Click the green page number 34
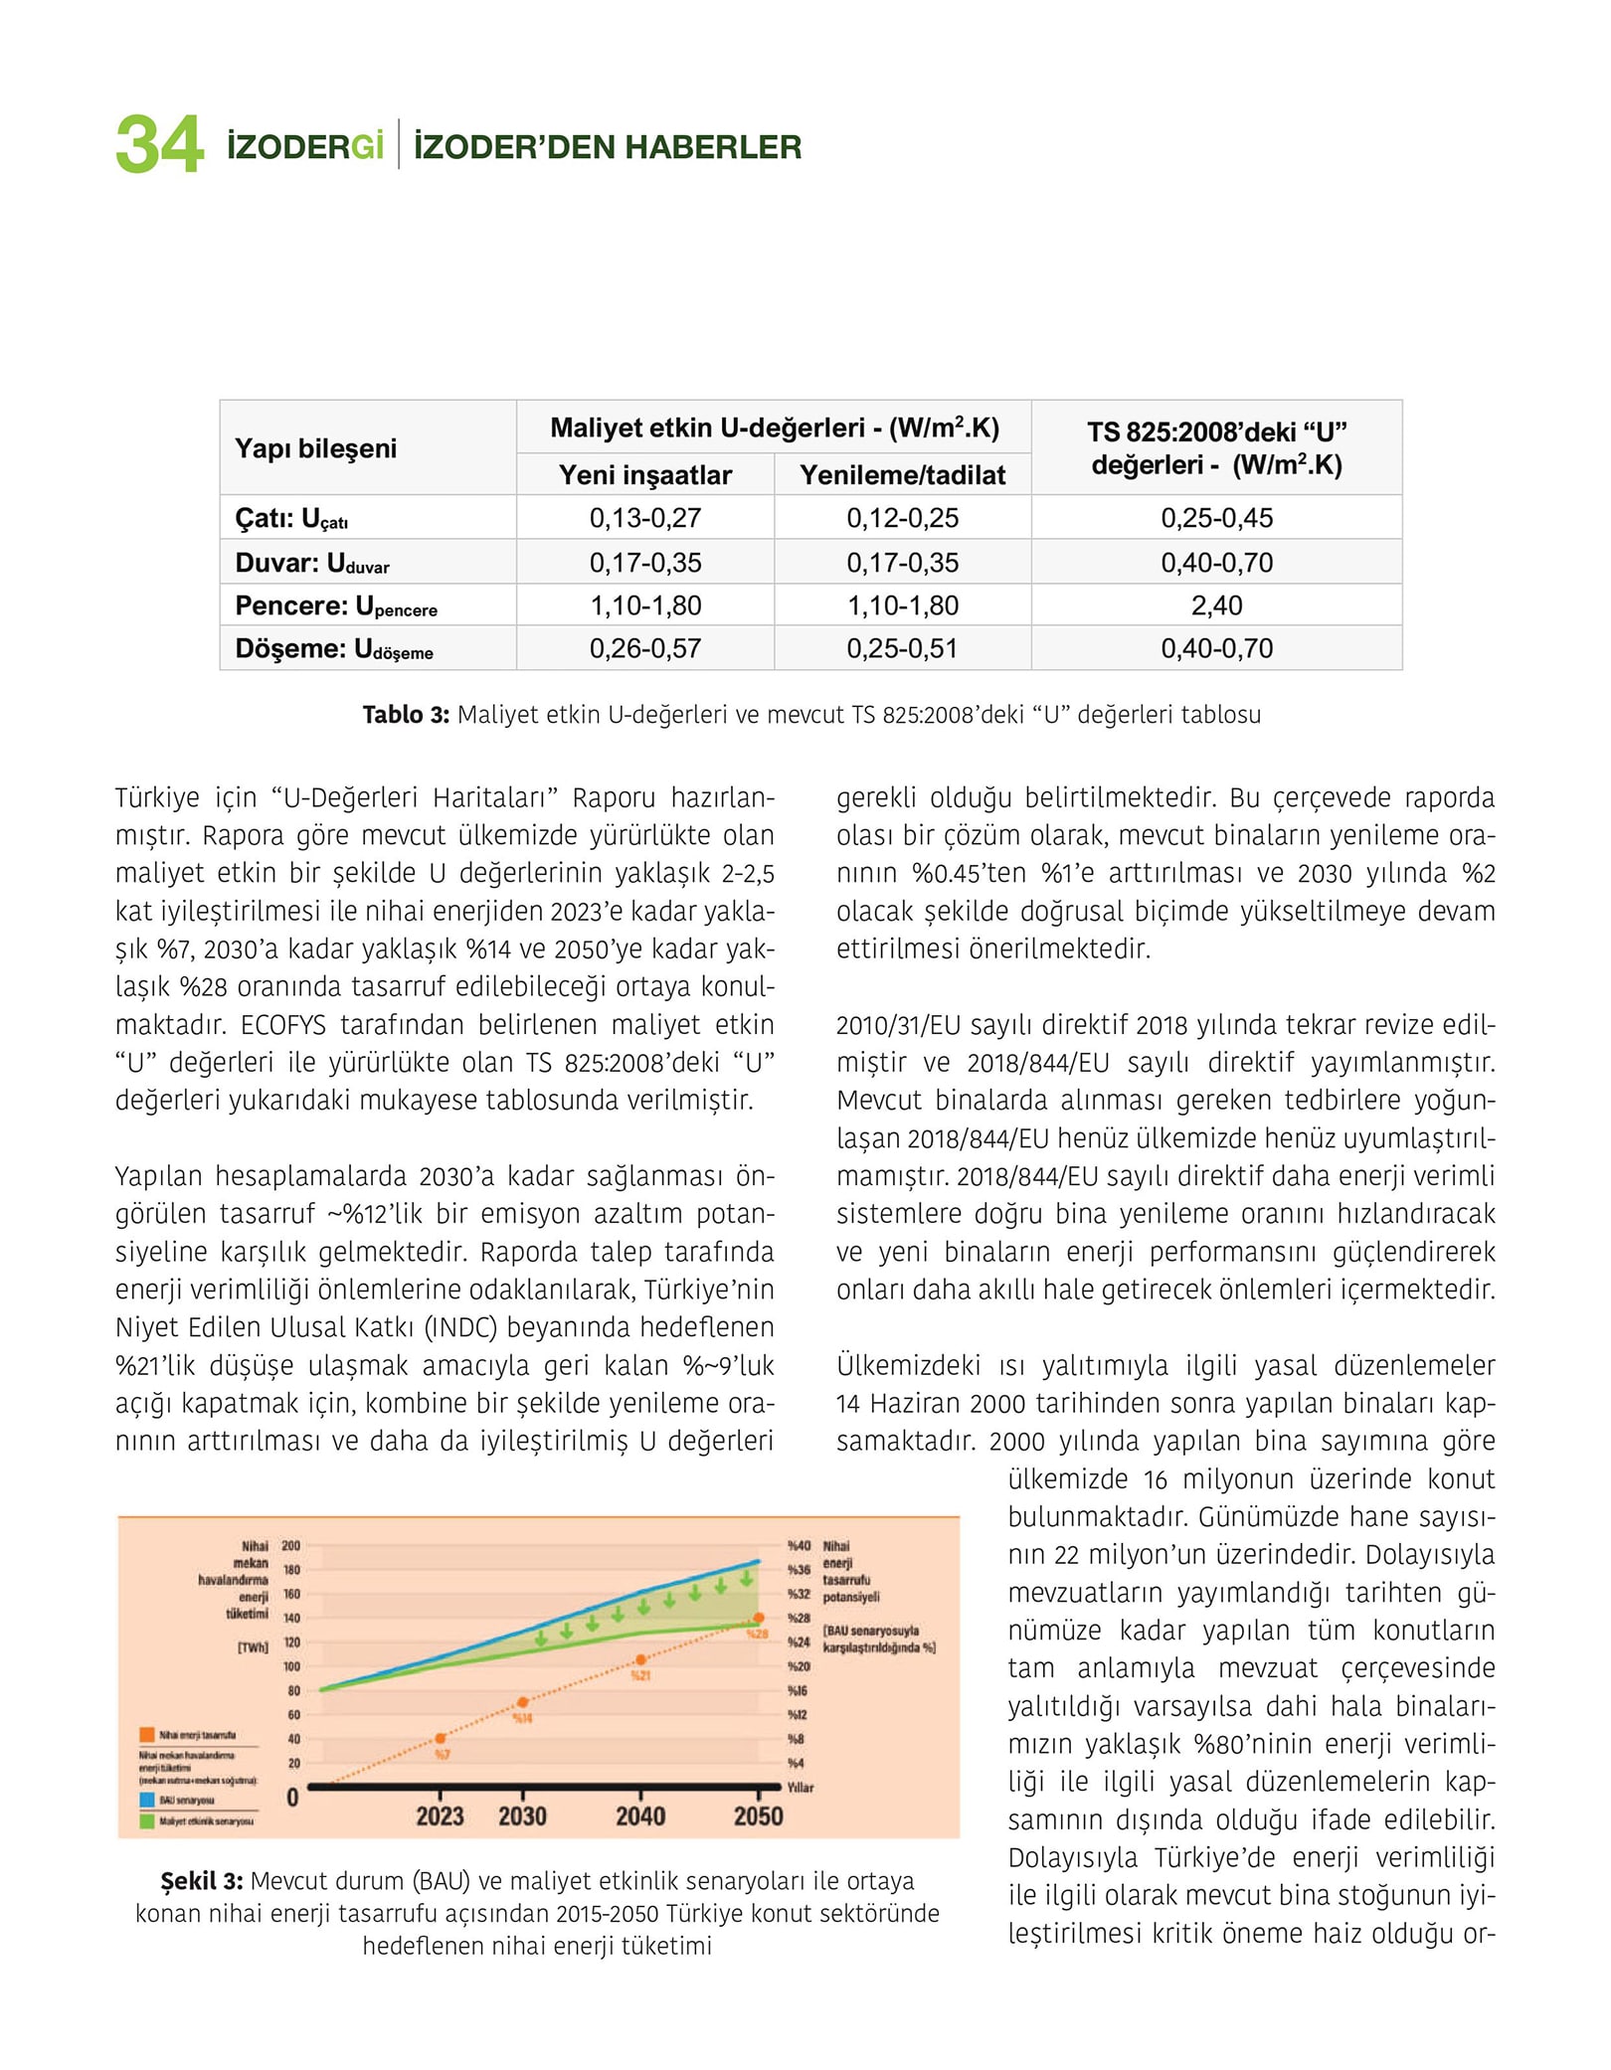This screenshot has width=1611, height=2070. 159,145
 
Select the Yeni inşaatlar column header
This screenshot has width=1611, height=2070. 644,475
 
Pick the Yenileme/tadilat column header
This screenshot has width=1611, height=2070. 902,475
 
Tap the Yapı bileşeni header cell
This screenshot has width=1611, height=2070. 315,448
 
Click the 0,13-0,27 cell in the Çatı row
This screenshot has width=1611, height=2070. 644,518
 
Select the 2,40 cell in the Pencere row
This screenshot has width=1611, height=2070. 1216,605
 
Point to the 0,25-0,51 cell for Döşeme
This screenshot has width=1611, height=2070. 902,649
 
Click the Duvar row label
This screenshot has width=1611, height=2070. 311,564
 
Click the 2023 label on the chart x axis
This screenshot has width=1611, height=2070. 440,1816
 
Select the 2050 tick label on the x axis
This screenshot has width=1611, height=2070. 758,1816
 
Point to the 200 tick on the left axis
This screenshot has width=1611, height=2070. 290,1546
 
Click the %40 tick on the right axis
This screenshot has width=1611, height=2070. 799,1546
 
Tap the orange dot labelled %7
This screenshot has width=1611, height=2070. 441,1738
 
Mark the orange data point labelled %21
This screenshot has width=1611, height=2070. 641,1659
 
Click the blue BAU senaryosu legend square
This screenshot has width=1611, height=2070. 147,1800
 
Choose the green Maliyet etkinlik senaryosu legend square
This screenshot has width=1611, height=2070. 147,1821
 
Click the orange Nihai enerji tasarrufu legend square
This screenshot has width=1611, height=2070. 147,1735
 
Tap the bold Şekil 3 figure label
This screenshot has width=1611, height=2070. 201,1881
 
